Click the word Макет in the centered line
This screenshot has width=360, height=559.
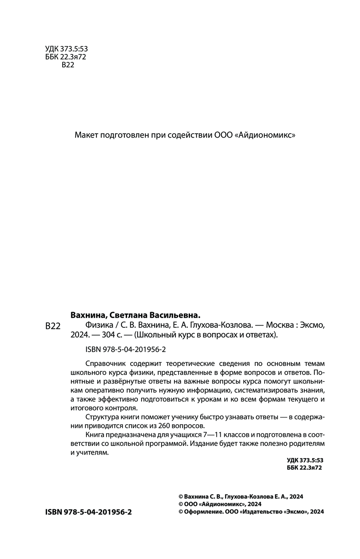[86, 135]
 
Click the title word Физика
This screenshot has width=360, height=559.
[97, 325]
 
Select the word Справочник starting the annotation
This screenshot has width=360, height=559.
[105, 362]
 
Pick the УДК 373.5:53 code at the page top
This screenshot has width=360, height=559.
[67, 49]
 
